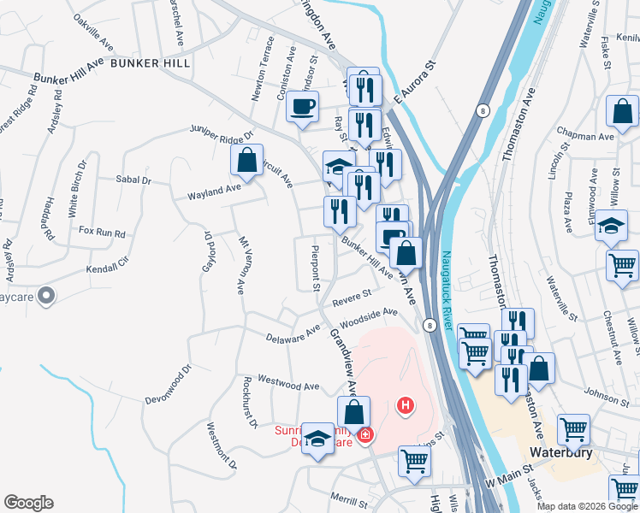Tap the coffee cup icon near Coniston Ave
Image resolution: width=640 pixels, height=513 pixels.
[302, 107]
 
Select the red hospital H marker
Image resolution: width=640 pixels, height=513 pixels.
[406, 404]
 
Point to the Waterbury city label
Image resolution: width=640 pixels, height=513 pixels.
[561, 451]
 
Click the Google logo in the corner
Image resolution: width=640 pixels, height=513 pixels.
[28, 503]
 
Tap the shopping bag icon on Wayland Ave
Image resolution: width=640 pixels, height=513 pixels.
[246, 160]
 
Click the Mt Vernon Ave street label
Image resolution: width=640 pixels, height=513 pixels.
[241, 261]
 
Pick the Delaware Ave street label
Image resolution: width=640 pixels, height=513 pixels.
[292, 334]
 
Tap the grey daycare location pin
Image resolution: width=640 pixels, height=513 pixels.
[47, 296]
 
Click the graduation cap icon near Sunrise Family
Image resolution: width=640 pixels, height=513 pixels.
[318, 439]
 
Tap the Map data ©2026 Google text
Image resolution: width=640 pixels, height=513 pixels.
[586, 506]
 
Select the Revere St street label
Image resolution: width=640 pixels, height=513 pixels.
[351, 297]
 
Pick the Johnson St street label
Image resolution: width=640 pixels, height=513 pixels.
[607, 396]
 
